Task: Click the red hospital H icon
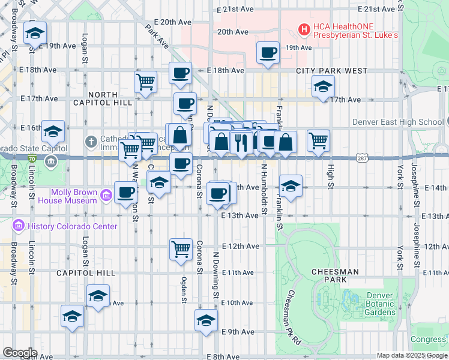click(304, 28)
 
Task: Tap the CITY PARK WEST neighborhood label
click(331, 71)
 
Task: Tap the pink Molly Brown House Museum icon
click(106, 194)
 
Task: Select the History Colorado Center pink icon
click(19, 226)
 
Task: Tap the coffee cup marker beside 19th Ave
click(268, 52)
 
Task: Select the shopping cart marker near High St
click(318, 140)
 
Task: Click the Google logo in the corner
click(19, 353)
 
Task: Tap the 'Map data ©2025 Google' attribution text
click(411, 355)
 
